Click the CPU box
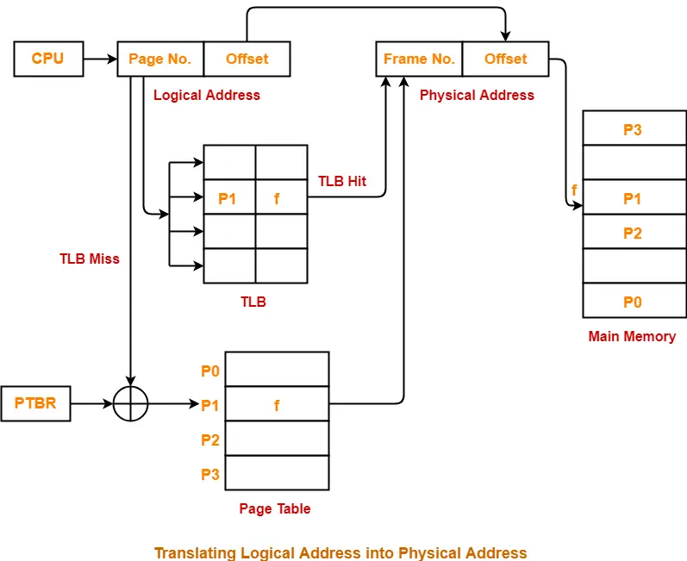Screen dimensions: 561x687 pos(48,59)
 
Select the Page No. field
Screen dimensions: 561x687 pos(160,59)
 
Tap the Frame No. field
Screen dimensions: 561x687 pos(419,59)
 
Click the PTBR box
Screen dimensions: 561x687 pos(35,402)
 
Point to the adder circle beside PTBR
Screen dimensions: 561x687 pos(130,402)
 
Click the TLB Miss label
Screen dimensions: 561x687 pos(90,259)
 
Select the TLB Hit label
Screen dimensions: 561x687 pos(342,181)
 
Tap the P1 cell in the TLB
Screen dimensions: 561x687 pos(228,198)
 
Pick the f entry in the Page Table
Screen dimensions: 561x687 pos(277,404)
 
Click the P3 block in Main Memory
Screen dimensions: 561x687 pos(632,129)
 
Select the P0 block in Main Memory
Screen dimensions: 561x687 pos(632,302)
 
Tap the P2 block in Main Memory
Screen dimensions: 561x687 pos(632,233)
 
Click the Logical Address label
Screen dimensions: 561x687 pos(207,95)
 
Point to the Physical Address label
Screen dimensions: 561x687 pos(477,95)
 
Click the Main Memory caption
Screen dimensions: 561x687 pos(632,336)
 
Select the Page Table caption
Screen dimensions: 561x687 pos(275,508)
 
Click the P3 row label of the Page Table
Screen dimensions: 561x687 pos(210,474)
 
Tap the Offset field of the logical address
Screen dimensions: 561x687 pos(247,59)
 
